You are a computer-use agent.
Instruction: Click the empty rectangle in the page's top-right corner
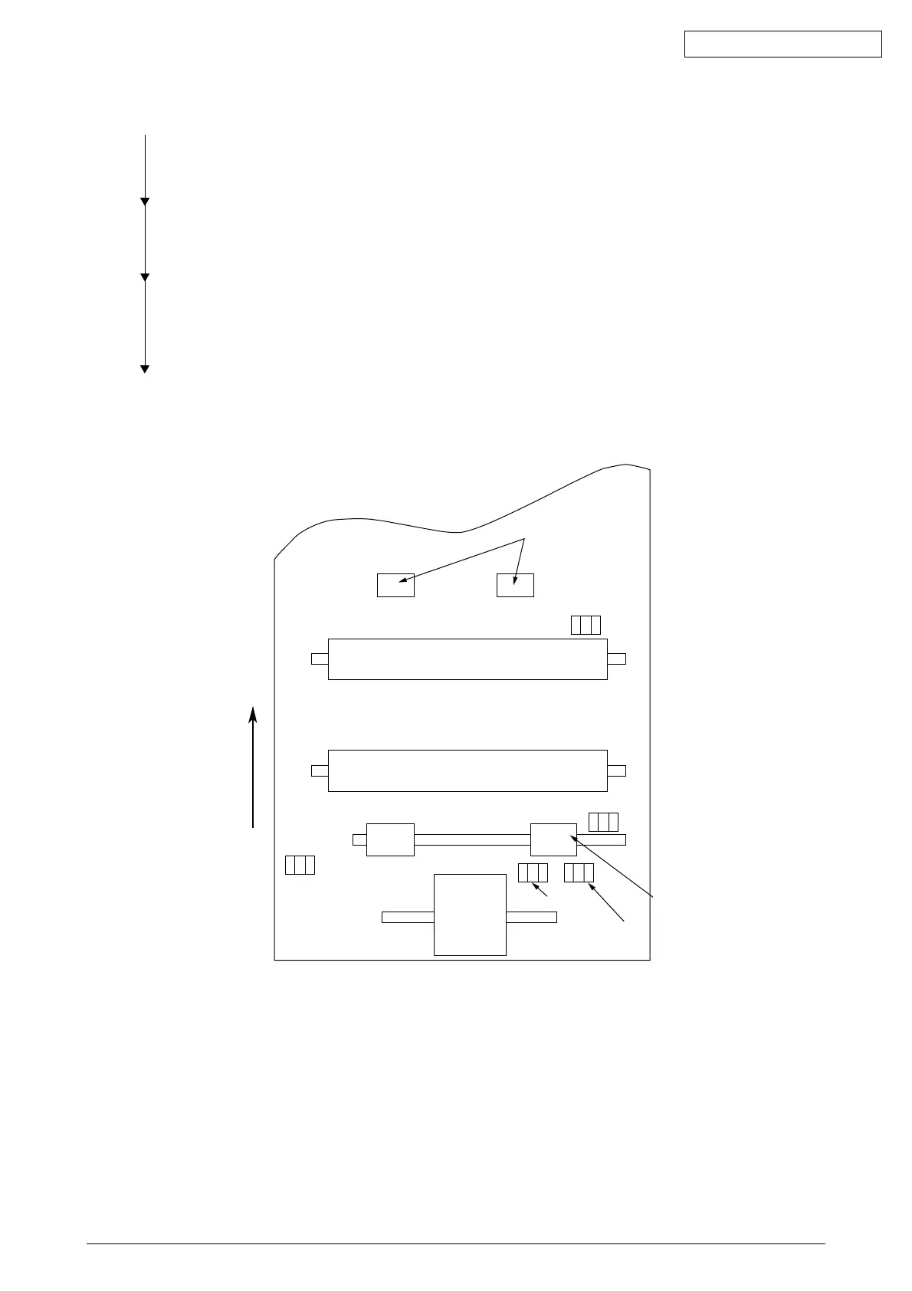tap(782, 44)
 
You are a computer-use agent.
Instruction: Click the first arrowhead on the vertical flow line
tap(145, 202)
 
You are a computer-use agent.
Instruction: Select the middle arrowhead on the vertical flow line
tap(145, 277)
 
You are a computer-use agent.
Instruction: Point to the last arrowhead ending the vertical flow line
tap(145, 370)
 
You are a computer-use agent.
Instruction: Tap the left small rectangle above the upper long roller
tap(395, 585)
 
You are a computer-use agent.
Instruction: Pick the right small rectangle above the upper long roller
tap(515, 585)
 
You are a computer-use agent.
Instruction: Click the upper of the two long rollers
tap(467, 659)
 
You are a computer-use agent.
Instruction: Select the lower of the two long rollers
tap(467, 770)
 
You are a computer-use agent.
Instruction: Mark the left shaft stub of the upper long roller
tap(320, 659)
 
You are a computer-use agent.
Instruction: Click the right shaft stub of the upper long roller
tap(616, 659)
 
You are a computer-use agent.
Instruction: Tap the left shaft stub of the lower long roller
tap(320, 770)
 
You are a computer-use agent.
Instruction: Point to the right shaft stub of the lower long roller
tap(616, 770)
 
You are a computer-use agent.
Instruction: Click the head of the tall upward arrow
tap(253, 714)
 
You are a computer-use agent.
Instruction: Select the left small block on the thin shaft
tap(390, 839)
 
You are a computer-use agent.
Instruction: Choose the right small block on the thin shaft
tap(553, 839)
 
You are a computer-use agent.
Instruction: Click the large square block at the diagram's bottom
tap(470, 915)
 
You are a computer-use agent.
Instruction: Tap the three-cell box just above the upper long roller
tap(586, 625)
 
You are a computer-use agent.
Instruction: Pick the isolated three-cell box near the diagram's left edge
tap(300, 865)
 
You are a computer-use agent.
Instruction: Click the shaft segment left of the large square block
tap(408, 917)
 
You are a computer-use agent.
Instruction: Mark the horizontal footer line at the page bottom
tap(455, 1243)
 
